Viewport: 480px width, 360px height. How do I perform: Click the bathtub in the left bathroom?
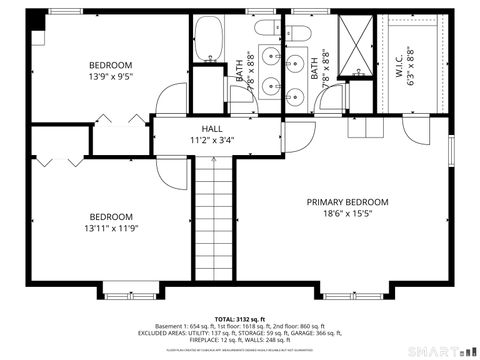[x=209, y=38]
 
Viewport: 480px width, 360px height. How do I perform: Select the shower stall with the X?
[x=353, y=47]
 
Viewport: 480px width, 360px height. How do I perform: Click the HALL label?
[x=212, y=129]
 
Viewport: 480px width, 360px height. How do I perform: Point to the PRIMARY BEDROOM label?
[x=347, y=201]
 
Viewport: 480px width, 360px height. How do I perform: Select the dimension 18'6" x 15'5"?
[x=347, y=213]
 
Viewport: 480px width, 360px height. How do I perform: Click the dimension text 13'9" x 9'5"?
[x=110, y=75]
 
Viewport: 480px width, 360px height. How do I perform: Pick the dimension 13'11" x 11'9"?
[x=110, y=229]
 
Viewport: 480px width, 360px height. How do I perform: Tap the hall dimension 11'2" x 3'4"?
[x=212, y=141]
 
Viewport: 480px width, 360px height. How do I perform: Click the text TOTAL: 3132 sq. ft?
[x=240, y=318]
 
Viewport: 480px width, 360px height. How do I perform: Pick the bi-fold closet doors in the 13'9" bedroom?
[x=133, y=120]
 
